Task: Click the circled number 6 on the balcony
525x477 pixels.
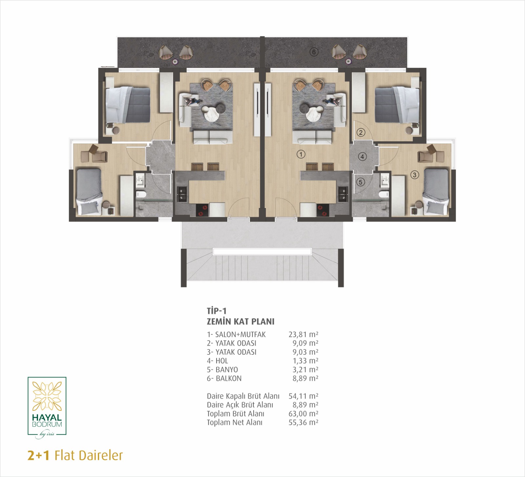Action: point(314,52)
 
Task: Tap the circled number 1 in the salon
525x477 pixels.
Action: point(301,154)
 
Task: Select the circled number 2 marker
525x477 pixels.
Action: point(361,133)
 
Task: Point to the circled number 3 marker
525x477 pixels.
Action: point(414,175)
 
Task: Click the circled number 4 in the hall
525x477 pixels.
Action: point(362,156)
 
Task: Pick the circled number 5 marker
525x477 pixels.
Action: point(361,182)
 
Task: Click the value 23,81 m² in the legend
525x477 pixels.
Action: point(303,334)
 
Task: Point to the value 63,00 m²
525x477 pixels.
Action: point(303,414)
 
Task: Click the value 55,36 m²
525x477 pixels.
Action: point(303,423)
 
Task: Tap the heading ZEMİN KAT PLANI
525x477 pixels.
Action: point(241,321)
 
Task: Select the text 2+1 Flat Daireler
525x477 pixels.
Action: point(75,455)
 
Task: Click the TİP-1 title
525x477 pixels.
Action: point(217,311)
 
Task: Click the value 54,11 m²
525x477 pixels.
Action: point(303,396)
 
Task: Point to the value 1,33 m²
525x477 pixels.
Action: point(305,361)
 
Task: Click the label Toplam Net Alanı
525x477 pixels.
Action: point(235,423)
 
